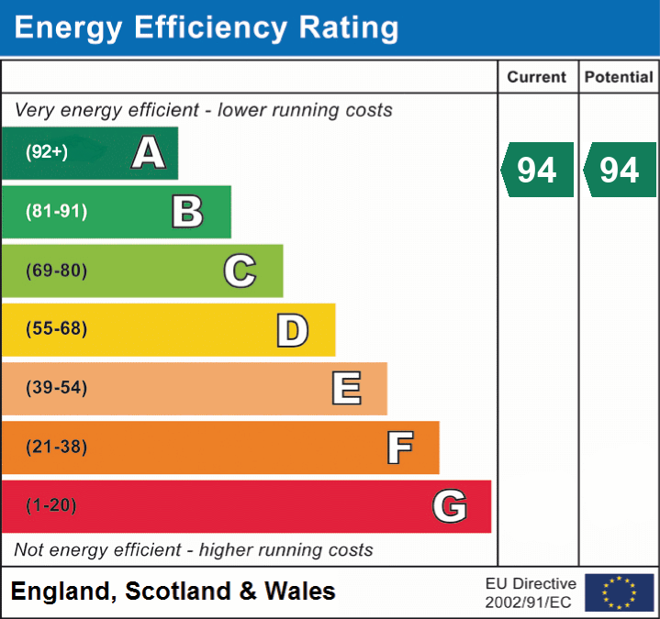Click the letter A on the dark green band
tap(149, 153)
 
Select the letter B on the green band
tap(187, 212)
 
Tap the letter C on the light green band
tap(240, 271)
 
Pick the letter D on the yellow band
tap(292, 330)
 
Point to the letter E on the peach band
tap(345, 389)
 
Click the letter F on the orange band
tap(398, 448)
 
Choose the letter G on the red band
tap(450, 506)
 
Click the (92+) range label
tap(47, 153)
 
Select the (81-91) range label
tap(56, 212)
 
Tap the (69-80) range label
tap(56, 271)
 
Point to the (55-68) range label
tap(56, 329)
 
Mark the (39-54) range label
tap(56, 388)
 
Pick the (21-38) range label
tap(56, 448)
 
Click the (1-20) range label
tap(51, 506)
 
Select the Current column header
tap(537, 78)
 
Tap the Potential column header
tap(619, 78)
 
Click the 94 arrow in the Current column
tap(537, 170)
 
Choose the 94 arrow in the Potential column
tap(620, 170)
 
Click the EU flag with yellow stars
tap(619, 592)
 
